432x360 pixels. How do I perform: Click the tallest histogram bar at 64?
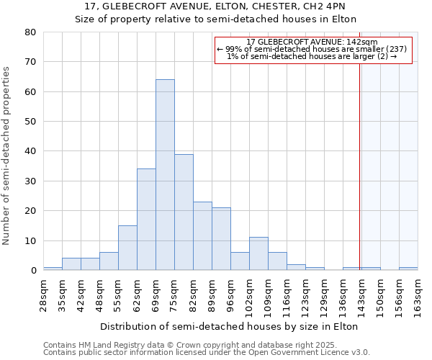tap(165, 175)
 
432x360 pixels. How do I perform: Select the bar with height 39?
tap(184, 212)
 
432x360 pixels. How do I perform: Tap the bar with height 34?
tap(146, 220)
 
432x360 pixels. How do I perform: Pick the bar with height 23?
tap(202, 236)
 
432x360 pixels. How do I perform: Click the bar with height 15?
tap(127, 248)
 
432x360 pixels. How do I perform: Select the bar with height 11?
tap(258, 253)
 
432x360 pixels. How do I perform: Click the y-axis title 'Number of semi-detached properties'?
tap(7, 156)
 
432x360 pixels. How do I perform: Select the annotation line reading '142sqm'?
tap(312, 42)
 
